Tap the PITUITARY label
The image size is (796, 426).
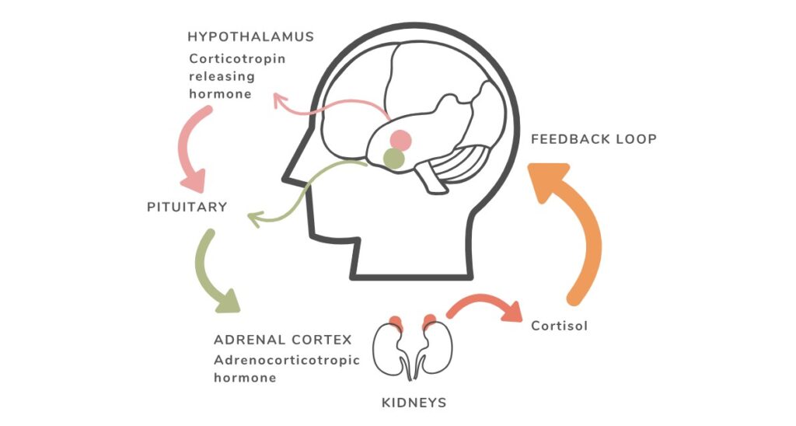click(x=187, y=208)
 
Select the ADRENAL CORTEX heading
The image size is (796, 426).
click(x=282, y=340)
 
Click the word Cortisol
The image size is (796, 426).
click(x=559, y=326)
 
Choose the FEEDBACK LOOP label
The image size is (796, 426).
click(x=594, y=139)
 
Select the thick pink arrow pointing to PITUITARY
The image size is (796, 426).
click(x=190, y=148)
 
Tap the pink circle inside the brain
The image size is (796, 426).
click(x=400, y=140)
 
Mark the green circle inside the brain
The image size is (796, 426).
click(x=394, y=159)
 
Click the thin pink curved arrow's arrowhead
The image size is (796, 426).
click(x=278, y=99)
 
